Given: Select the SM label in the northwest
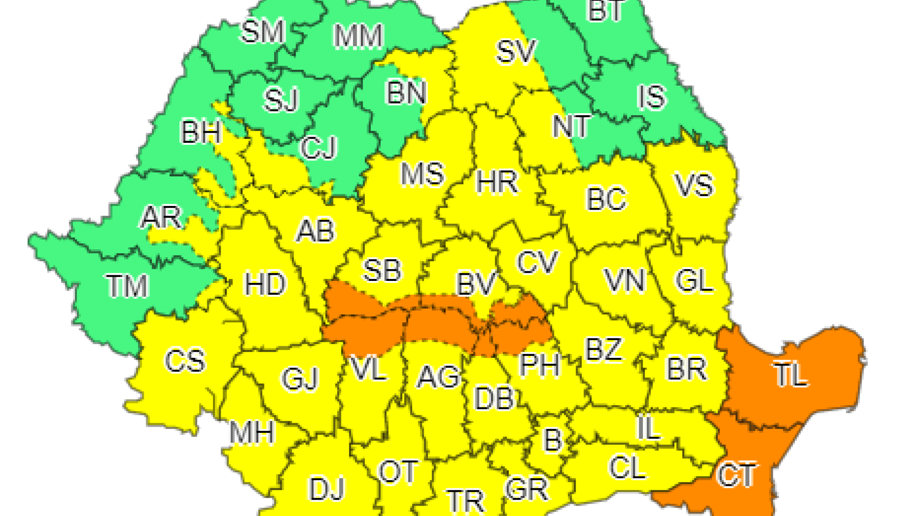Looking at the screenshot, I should tap(263, 32).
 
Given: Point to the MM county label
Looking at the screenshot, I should tap(358, 36).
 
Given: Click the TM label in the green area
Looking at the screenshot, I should tap(127, 286).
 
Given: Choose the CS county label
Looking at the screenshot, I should tap(185, 360).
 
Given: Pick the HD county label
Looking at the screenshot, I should tap(265, 284).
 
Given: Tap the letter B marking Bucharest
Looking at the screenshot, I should tap(553, 440).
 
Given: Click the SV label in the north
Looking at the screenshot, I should tap(516, 52).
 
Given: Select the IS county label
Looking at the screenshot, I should tap(651, 97).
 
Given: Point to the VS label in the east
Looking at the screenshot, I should tap(693, 185).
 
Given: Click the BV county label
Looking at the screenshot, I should tap(476, 284).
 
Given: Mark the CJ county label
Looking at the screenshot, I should tap(319, 148).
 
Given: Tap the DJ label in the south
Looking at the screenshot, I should tap(327, 489).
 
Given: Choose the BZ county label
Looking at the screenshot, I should tap(604, 350).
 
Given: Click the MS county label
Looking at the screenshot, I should tap(422, 174).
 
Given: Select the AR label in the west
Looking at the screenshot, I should tap(161, 217).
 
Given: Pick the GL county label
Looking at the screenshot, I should tap(693, 280).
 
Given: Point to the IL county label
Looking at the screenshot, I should tap(649, 428).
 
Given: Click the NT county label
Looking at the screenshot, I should tap(571, 127).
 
